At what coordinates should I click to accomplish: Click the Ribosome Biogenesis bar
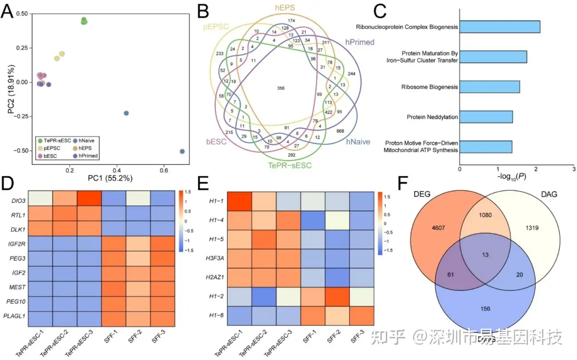[x=490, y=87]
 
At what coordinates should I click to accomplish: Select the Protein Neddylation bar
[x=486, y=117]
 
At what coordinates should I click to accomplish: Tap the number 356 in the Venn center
[x=281, y=88]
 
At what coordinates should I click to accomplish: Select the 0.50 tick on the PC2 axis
[x=20, y=14]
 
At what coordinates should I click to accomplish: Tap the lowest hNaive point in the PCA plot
[x=182, y=152]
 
